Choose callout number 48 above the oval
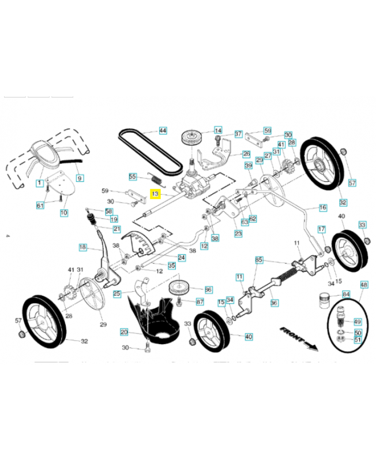coord(364,285)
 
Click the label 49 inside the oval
coord(357,322)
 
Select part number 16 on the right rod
coord(322,207)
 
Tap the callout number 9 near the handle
coord(79,177)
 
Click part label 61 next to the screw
coord(40,206)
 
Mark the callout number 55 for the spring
coord(133,177)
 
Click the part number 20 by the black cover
coord(124,332)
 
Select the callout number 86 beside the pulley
coord(208,289)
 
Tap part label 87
coord(200,301)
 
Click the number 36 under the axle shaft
coord(274,303)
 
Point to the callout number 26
coord(246,154)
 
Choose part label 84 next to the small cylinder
coord(346,295)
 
